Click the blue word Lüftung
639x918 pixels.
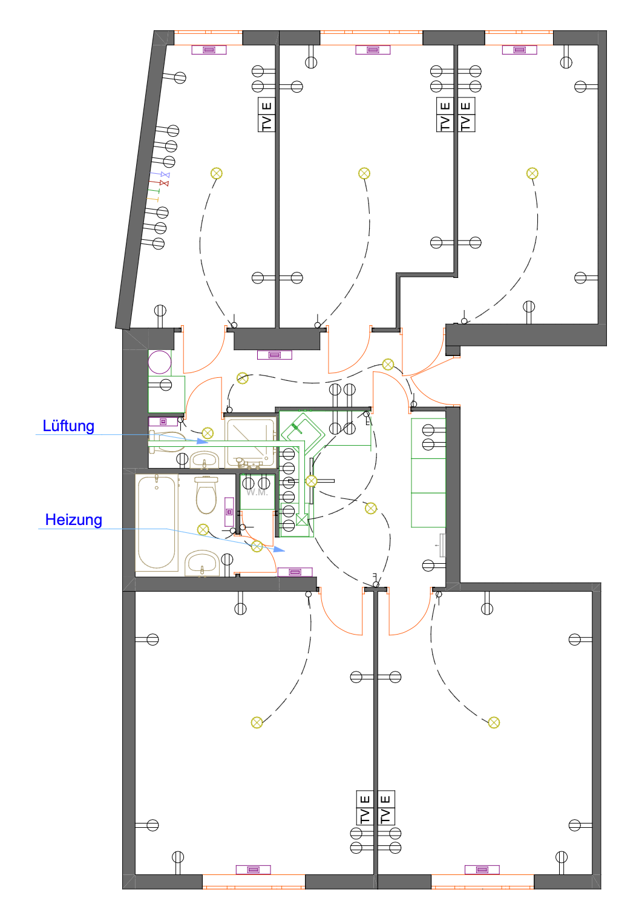(x=68, y=426)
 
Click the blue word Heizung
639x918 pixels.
(x=73, y=520)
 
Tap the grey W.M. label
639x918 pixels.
(x=257, y=492)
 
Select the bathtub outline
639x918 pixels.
(x=157, y=523)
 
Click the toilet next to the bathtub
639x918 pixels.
(x=206, y=495)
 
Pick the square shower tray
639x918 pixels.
(x=251, y=442)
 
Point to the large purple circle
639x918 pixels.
(x=159, y=362)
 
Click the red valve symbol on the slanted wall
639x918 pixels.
(x=164, y=183)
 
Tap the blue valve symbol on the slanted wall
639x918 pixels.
(x=165, y=174)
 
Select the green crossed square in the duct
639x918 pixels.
(x=301, y=520)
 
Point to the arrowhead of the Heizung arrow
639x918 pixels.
(x=279, y=549)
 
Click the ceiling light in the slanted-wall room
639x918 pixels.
(x=216, y=173)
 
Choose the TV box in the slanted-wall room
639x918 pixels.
(x=266, y=124)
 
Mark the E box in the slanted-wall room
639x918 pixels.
(x=266, y=106)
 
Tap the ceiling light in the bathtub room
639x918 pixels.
(x=203, y=529)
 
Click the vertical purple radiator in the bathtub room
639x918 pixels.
(x=229, y=512)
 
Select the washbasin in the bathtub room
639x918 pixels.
(x=202, y=563)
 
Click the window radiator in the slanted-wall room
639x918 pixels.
(x=209, y=50)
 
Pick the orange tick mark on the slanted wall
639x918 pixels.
(x=152, y=199)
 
